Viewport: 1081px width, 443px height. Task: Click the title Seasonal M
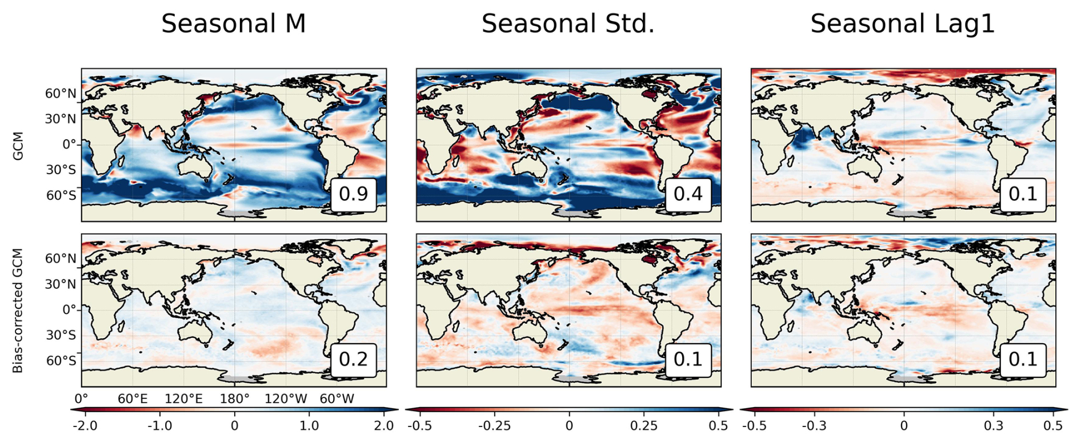tap(233, 24)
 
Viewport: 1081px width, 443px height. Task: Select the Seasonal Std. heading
tap(568, 24)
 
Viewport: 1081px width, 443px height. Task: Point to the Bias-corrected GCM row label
tap(18, 311)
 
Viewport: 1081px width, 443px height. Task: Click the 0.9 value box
tap(354, 194)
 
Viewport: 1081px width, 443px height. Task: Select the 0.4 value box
tap(688, 194)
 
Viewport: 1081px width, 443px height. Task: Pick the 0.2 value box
tap(354, 360)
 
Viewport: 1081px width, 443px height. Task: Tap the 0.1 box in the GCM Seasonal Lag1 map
tap(1023, 194)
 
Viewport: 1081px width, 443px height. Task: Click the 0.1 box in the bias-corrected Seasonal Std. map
tap(688, 360)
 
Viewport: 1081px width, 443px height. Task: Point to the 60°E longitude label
tap(133, 398)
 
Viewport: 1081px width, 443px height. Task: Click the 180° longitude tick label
tap(234, 398)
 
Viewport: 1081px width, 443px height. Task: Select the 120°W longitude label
tap(286, 398)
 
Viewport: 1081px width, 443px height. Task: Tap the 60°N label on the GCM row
tap(61, 94)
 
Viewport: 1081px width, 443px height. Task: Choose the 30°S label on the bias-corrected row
tap(61, 335)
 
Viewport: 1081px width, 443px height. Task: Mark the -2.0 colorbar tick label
tap(85, 426)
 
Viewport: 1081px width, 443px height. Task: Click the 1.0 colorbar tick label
tap(309, 426)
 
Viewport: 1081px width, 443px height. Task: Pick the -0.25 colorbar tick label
tap(494, 426)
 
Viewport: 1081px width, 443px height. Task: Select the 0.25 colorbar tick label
tap(644, 426)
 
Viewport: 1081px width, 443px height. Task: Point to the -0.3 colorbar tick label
tap(814, 426)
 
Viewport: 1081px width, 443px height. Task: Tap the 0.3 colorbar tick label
tap(994, 426)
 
